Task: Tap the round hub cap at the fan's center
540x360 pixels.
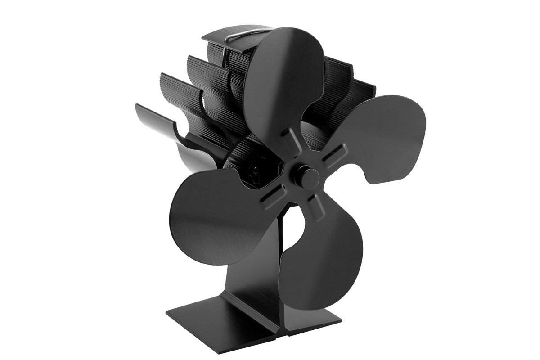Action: [308, 178]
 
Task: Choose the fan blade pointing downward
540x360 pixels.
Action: [319, 265]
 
